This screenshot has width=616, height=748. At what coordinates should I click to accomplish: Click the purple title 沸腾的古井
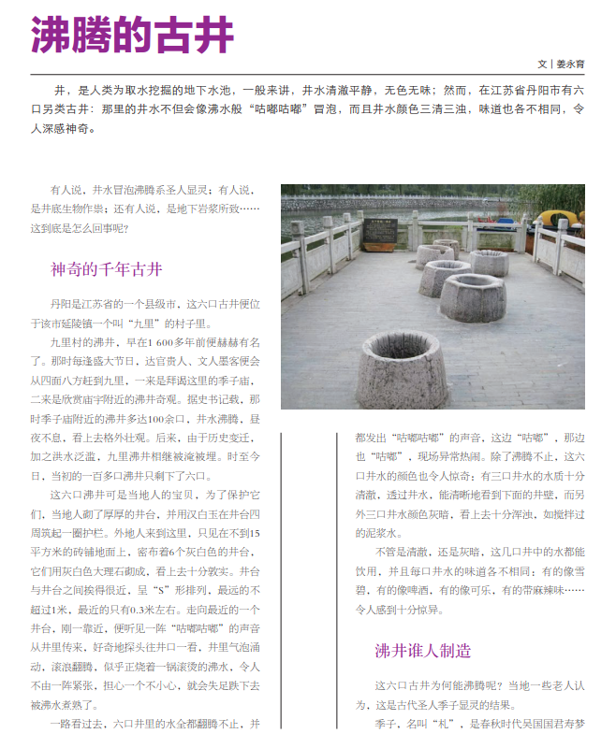click(132, 36)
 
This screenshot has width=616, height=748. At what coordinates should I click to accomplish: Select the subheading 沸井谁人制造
click(422, 650)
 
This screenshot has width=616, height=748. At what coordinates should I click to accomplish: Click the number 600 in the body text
click(168, 343)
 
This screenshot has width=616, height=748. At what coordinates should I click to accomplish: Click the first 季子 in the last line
click(385, 724)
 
